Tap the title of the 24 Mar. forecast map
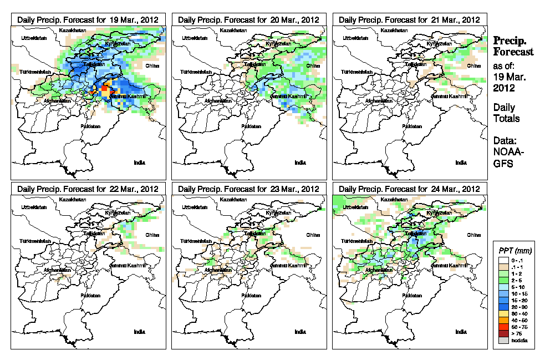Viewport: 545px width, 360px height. tap(409, 189)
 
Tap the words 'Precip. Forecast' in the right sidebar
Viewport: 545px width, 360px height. tap(513, 46)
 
